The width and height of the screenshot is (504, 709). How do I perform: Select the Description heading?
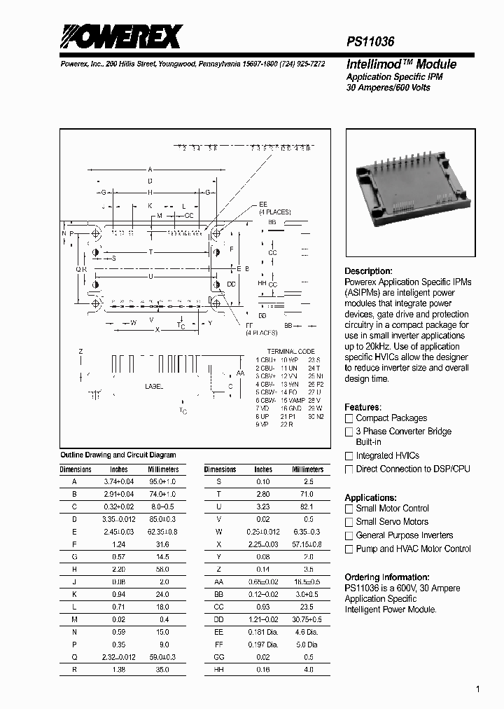368,271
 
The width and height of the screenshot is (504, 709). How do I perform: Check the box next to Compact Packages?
349,418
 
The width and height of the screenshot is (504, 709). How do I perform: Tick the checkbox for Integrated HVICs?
349,456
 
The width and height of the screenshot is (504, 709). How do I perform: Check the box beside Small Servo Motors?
349,522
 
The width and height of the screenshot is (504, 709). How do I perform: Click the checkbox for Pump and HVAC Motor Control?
349,549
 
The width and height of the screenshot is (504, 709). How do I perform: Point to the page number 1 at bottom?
477,689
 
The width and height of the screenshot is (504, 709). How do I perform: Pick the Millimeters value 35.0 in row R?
162,669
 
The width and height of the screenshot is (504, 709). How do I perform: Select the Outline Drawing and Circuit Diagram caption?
118,455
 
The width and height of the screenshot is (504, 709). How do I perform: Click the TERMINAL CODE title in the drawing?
291,351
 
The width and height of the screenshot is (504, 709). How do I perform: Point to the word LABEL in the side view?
154,386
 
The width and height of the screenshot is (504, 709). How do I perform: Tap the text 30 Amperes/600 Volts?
388,88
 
